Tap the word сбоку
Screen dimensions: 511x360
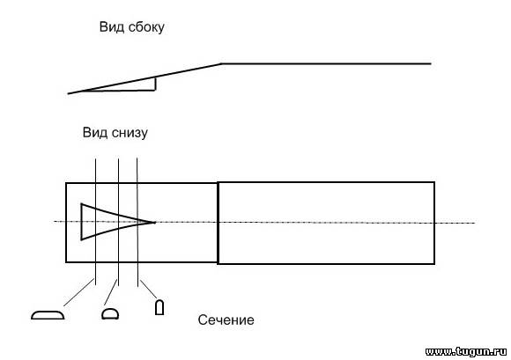coord(146,27)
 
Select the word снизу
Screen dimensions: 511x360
coord(130,133)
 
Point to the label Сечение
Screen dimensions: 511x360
coord(226,320)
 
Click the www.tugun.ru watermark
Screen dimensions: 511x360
coord(466,351)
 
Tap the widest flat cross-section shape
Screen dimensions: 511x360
coord(48,315)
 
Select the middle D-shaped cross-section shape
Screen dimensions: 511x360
coord(110,313)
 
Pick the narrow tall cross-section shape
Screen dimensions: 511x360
coord(159,307)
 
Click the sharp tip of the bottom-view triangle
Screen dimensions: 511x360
coord(155,223)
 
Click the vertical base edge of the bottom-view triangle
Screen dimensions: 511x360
coord(81,222)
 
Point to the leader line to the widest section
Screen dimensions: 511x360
coord(79,292)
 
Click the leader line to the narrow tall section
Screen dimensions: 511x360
coord(149,289)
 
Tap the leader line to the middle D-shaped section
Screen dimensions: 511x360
coord(110,292)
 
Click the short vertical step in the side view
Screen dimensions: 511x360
coord(155,84)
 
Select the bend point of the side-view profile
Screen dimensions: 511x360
coord(221,63)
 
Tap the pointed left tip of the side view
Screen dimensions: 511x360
coord(68,94)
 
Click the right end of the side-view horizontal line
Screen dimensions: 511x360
coord(431,63)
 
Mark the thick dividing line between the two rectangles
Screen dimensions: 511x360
coord(218,223)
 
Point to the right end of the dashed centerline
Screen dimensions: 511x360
coord(475,223)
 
